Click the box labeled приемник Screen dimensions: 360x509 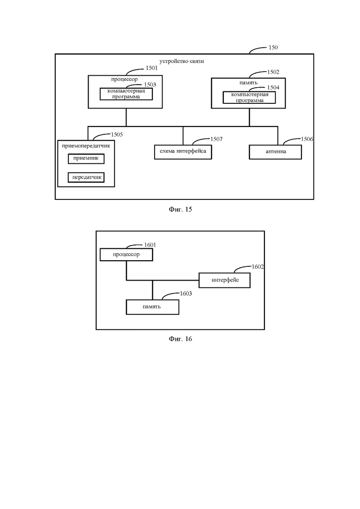coord(86,159)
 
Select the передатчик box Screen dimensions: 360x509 coord(86,178)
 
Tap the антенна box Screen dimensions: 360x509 coord(275,152)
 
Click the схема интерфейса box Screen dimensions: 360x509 coord(183,152)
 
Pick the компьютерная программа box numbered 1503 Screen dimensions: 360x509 coord(126,94)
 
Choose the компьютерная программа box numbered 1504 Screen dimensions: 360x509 coord(249,97)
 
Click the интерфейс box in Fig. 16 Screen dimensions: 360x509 coord(225,280)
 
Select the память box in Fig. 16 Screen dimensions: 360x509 coord(152,307)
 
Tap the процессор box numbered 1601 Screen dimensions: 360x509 coord(126,255)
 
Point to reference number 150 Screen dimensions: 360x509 coord(273,48)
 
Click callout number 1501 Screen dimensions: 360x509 coord(151,68)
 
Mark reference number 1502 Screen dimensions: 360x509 coord(273,72)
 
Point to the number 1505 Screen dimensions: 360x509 coord(117,134)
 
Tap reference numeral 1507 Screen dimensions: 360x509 coord(216,139)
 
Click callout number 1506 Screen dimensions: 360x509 coord(307,139)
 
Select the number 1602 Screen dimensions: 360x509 coord(258,267)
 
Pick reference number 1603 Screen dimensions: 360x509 coord(186,293)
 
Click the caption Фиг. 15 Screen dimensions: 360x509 coord(180,210)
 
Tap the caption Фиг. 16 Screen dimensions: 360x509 coord(180,339)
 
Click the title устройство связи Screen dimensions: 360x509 coord(181,61)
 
